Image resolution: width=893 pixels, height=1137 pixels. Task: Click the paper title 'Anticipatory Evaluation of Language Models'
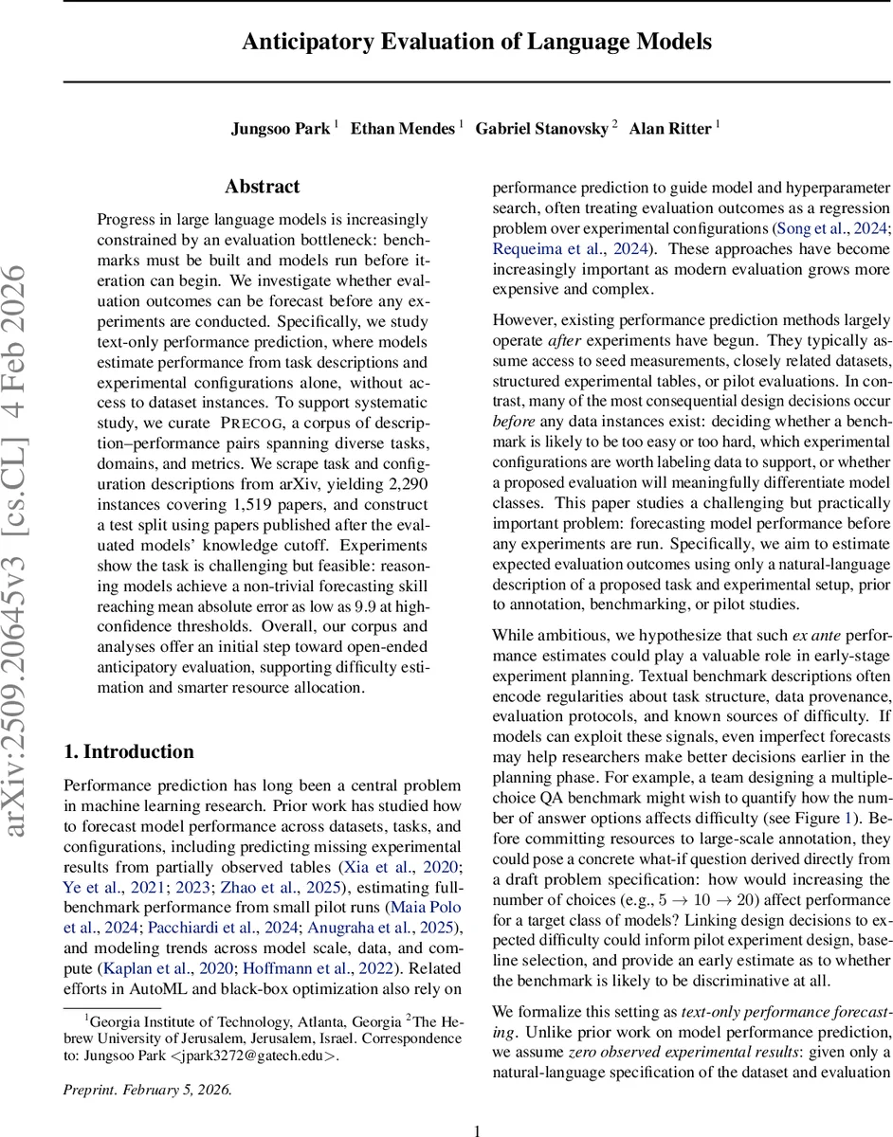click(476, 43)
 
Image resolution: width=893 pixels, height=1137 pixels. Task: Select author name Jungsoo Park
click(280, 129)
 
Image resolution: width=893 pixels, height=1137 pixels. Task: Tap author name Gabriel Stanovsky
click(541, 129)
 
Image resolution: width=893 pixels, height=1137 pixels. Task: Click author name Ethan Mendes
click(403, 129)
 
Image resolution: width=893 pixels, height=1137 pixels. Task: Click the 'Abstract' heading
click(262, 187)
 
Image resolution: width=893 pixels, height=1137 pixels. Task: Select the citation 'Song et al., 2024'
click(828, 228)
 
